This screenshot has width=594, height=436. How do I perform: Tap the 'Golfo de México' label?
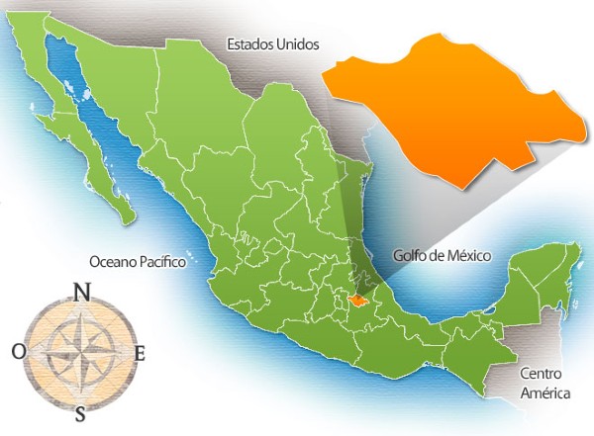442,255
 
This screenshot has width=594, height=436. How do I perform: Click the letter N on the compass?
83,292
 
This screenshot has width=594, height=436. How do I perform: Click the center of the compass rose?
79,352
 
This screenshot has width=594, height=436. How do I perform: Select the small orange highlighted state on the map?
357,299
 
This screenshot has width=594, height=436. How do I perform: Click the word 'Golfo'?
409,255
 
